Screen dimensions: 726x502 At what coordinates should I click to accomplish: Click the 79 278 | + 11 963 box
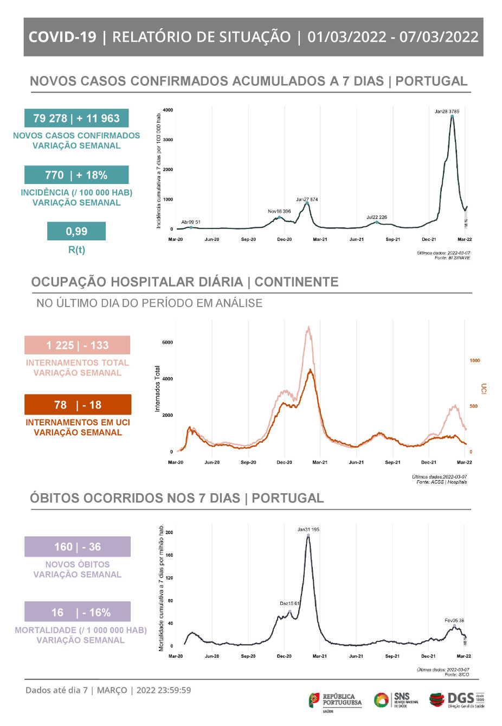pos(76,118)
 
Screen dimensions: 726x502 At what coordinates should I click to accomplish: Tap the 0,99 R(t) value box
pos(76,231)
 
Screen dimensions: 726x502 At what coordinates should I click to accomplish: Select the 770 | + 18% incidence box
pos(76,175)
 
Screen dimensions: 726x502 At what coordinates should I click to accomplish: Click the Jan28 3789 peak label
pos(447,111)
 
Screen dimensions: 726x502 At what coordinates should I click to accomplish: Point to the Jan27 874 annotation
pos(307,200)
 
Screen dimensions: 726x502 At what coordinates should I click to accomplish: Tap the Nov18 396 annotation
pos(279,212)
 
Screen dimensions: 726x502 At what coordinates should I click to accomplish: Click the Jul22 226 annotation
pos(377,217)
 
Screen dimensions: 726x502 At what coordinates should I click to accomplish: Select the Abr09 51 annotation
pos(191,222)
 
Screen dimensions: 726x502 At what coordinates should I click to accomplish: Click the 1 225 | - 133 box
pos(78,345)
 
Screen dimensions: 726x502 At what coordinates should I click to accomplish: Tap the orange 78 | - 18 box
pos(78,405)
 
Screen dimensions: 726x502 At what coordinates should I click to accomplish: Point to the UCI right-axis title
pos(484,389)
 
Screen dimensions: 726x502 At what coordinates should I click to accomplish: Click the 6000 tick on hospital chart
pos(167,342)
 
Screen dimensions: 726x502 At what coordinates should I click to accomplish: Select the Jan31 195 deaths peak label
pos(308,530)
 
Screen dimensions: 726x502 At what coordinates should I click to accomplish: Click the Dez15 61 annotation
pos(289,603)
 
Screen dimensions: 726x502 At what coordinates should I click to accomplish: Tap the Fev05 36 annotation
pos(454,620)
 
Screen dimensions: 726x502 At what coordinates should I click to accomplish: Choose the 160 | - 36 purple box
pos(78,547)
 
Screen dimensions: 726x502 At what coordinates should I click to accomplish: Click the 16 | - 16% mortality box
pos(78,612)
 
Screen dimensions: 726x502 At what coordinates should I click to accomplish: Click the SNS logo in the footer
pos(396,700)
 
